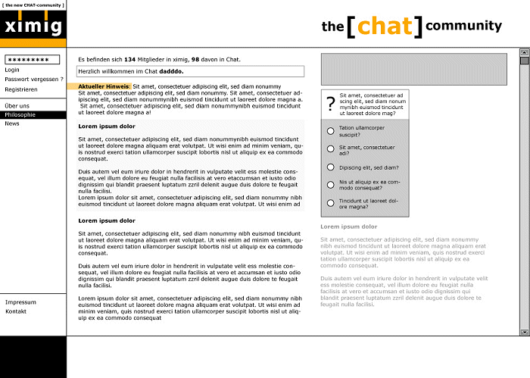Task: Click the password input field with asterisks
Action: (x=32, y=59)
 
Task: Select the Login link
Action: (x=12, y=70)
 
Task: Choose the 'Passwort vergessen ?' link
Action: (x=34, y=80)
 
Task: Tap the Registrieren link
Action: (x=21, y=89)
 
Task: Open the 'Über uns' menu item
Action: (x=17, y=105)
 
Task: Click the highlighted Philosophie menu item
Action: (x=20, y=115)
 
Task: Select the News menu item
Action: (x=12, y=123)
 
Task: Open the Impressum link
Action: (x=20, y=302)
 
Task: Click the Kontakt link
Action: (x=16, y=311)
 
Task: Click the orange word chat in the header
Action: (x=385, y=26)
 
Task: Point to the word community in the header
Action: (x=463, y=26)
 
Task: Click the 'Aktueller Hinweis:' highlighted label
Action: (x=104, y=86)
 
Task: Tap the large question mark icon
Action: (x=330, y=105)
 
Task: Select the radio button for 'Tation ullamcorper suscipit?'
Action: (x=330, y=131)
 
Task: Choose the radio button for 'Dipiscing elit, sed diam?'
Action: (x=330, y=167)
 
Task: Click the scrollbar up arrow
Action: (x=524, y=53)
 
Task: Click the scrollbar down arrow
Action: (x=524, y=332)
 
